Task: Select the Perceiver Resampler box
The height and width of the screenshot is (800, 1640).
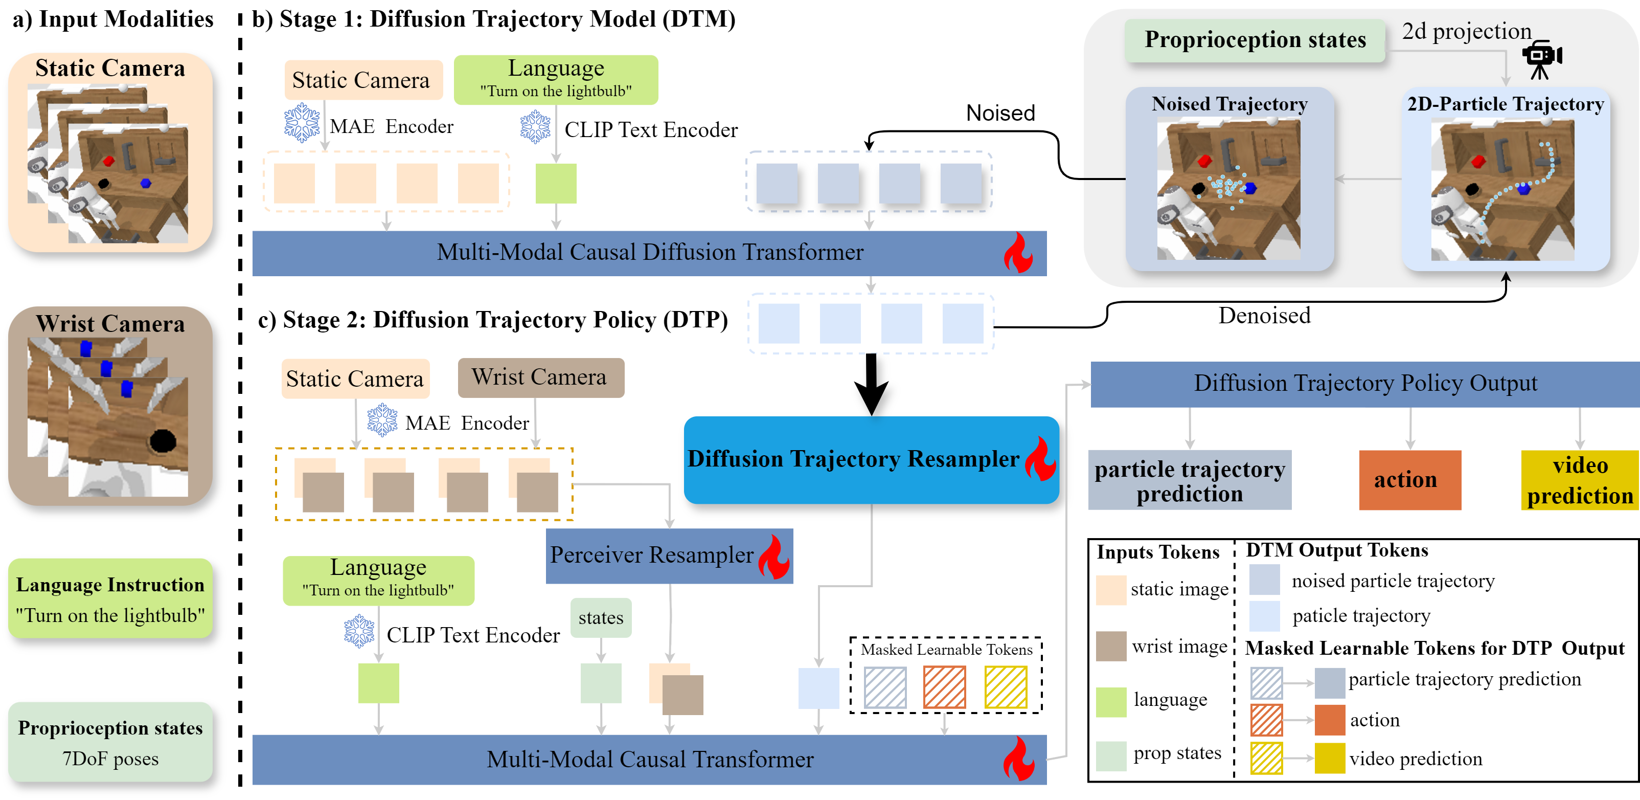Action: [669, 555]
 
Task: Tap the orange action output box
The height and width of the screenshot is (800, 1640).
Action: [1409, 480]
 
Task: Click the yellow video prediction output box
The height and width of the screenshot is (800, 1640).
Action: [1580, 480]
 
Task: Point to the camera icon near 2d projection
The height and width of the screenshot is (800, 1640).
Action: [1541, 59]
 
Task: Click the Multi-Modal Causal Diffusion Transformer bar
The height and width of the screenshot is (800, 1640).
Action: [649, 253]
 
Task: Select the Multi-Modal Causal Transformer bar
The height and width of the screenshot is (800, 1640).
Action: [649, 759]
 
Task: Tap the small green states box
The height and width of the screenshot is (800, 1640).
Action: [600, 617]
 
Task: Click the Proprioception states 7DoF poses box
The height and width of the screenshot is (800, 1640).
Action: [110, 742]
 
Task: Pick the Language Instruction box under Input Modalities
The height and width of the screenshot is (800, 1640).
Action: [110, 599]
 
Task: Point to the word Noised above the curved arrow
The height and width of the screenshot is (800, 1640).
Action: [1000, 113]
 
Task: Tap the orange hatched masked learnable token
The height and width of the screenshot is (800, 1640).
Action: [944, 687]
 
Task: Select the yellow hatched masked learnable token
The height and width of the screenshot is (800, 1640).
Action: [1005, 687]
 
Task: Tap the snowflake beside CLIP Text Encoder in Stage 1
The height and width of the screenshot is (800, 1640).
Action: [535, 127]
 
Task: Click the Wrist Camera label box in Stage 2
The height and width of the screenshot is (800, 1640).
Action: [540, 377]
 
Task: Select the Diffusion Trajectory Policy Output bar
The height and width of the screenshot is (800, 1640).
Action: [1365, 384]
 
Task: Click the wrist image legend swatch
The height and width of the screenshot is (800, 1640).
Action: [1111, 647]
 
